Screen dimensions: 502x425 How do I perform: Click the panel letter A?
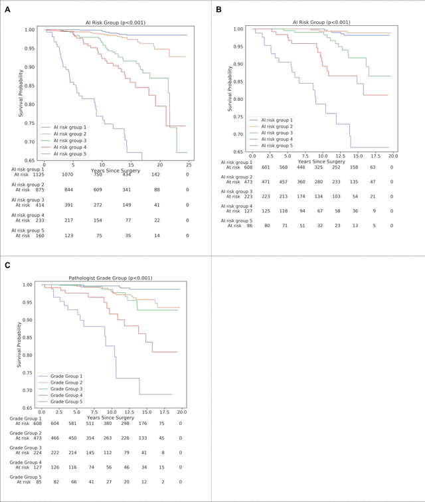coord(6,9)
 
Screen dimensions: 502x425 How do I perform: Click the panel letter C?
coord(6,265)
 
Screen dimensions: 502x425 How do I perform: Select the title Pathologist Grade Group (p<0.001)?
coord(110,278)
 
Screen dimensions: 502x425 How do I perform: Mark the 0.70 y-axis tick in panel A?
coord(31,141)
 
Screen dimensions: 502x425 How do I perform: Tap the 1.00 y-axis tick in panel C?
coord(29,285)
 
